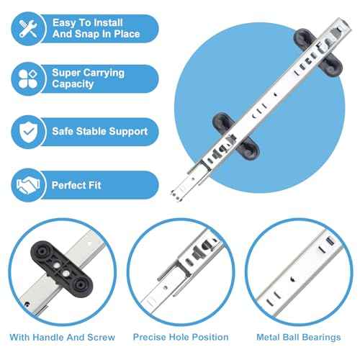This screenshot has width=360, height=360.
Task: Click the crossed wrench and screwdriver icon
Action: pos(28,29)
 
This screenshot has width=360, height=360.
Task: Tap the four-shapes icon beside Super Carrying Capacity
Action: pos(28,79)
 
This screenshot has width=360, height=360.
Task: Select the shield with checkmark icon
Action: pos(28,132)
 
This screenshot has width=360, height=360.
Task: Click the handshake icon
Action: pos(28,185)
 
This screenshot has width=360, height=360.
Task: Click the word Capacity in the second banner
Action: pos(73,84)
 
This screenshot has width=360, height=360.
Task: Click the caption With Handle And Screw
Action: pos(62,337)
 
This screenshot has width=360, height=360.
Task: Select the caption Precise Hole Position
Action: pos(181,337)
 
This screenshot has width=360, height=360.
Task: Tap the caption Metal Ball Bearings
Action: pos(299,337)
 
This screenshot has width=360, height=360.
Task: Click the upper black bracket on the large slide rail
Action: pos(318,53)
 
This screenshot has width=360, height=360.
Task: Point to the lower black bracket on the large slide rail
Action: pos(235,136)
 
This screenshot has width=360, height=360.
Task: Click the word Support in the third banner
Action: pos(128,132)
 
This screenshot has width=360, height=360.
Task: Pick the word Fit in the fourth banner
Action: pos(95,185)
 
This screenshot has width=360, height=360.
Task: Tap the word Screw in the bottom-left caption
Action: pos(101,337)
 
